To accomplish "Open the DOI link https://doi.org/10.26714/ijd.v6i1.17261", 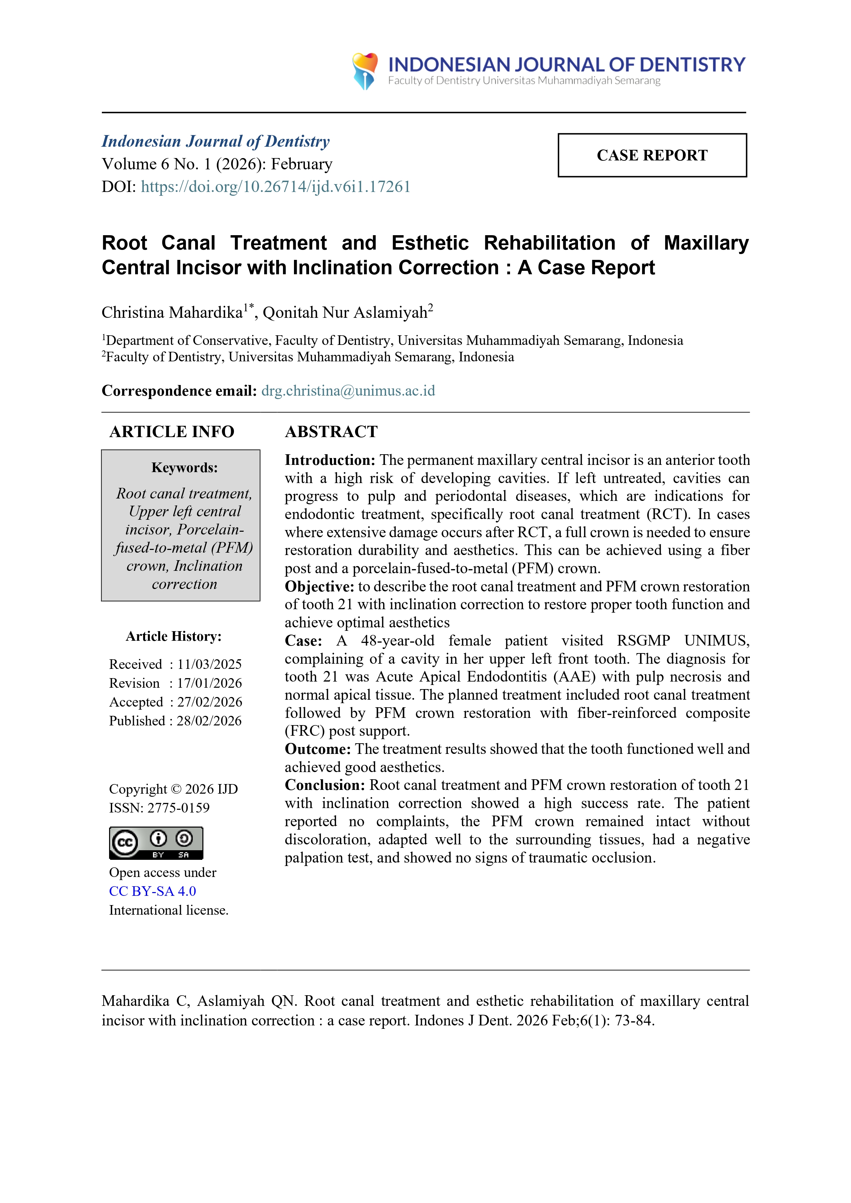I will point(275,187).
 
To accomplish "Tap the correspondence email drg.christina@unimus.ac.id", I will point(348,391).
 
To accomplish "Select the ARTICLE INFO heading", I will point(172,432).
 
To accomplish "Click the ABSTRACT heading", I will point(331,432).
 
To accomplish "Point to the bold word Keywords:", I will point(184,467).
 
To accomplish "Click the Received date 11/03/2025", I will point(209,664).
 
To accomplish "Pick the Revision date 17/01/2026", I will point(209,683).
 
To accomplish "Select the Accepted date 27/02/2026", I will point(209,702).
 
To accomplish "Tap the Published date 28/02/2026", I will point(209,721).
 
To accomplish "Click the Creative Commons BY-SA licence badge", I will point(156,843).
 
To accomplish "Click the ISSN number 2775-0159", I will point(178,808).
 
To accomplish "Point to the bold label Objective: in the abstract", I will point(319,587).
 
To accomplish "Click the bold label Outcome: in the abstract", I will point(318,749).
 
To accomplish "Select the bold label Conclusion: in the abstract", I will point(324,785).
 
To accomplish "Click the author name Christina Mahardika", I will point(172,313).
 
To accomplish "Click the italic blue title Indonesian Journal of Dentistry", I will point(215,142).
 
